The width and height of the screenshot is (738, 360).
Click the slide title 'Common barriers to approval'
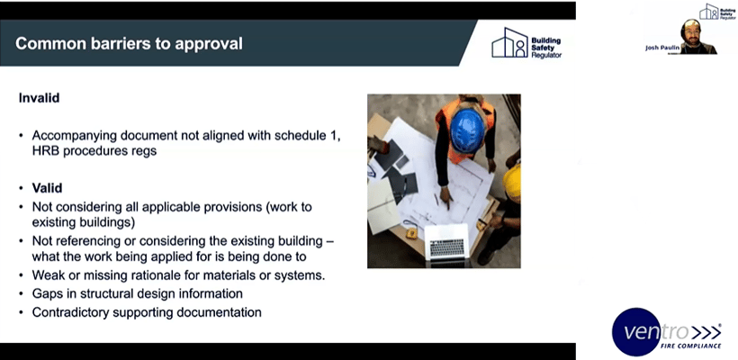[x=129, y=43]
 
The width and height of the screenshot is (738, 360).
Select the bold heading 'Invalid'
[x=39, y=96]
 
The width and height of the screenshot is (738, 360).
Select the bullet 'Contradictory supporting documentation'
[x=146, y=312]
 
